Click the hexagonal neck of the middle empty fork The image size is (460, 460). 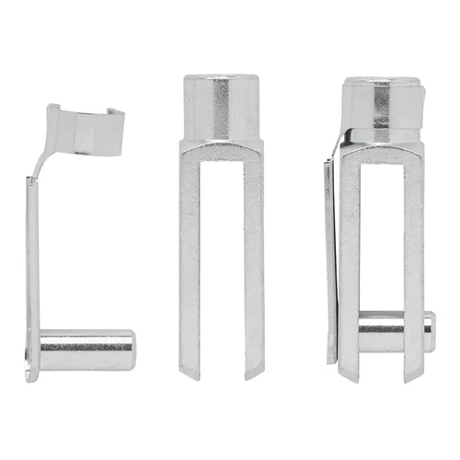click(221, 106)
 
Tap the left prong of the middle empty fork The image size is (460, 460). click(190, 258)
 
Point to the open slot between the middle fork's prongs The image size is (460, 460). click(221, 276)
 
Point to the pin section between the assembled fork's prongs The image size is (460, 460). click(381, 329)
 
